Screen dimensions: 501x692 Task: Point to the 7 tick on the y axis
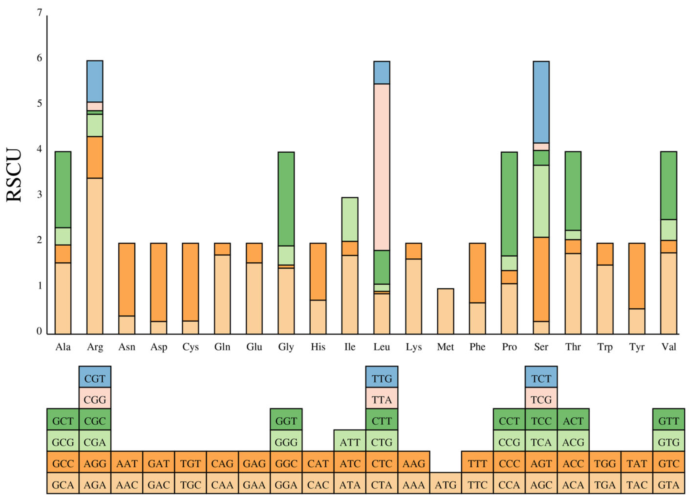coord(39,13)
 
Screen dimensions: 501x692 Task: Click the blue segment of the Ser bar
coord(541,102)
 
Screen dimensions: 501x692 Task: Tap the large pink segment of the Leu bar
coord(382,167)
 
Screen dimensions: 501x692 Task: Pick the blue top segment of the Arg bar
coord(95,81)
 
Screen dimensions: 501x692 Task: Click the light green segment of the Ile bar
coord(350,219)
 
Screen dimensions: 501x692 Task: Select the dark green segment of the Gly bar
coord(286,199)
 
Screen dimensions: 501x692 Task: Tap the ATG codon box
coord(446,485)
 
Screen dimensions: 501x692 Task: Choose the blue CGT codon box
coord(95,379)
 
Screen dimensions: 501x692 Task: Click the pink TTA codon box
coord(382,400)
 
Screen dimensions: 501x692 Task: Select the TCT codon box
coord(541,379)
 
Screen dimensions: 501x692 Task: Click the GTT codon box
coord(669,421)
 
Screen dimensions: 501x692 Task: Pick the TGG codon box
coord(605,464)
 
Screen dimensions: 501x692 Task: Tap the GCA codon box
coord(63,485)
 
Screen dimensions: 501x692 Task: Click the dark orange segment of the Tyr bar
coord(637,276)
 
